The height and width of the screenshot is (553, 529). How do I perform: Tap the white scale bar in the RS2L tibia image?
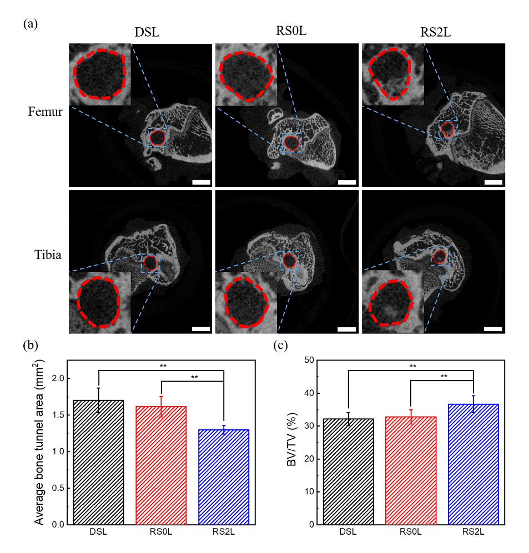[x=493, y=329]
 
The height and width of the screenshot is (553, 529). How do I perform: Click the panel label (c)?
[x=282, y=346]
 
